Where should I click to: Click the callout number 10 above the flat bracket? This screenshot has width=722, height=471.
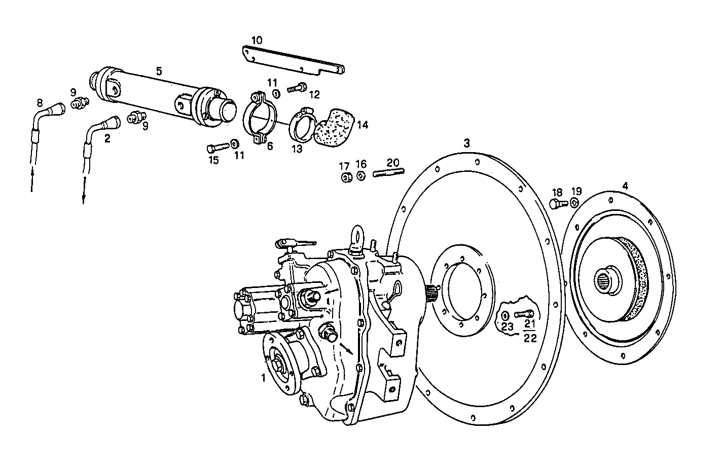tap(257, 40)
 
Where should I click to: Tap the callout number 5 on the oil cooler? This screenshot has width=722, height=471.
tap(159, 71)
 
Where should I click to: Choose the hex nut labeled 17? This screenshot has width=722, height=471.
tap(347, 177)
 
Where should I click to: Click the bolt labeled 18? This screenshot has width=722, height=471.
tap(556, 204)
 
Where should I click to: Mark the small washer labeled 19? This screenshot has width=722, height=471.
tap(574, 203)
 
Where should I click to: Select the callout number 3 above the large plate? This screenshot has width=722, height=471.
tap(466, 143)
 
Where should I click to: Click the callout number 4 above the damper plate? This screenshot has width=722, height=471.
tap(625, 186)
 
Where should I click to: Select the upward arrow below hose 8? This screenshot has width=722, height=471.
tap(33, 180)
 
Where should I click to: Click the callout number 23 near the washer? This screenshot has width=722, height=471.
tap(508, 327)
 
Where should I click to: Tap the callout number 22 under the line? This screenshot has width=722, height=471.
tap(530, 338)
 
